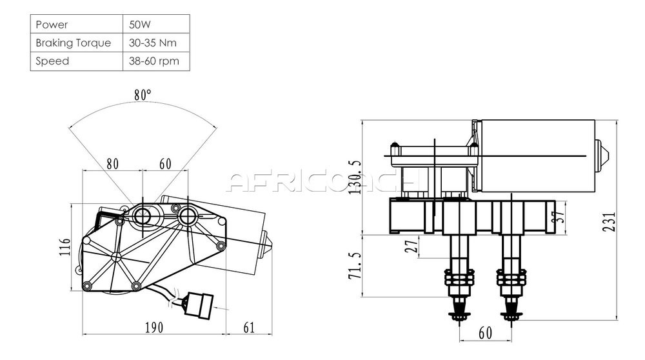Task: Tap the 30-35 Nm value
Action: click(x=153, y=43)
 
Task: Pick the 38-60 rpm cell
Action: click(x=154, y=61)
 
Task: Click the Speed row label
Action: click(x=52, y=61)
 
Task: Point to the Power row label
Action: click(x=52, y=25)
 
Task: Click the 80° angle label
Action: click(x=143, y=95)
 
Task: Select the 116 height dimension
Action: click(x=65, y=247)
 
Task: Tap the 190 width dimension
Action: click(x=154, y=328)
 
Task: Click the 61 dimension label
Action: click(x=249, y=328)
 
